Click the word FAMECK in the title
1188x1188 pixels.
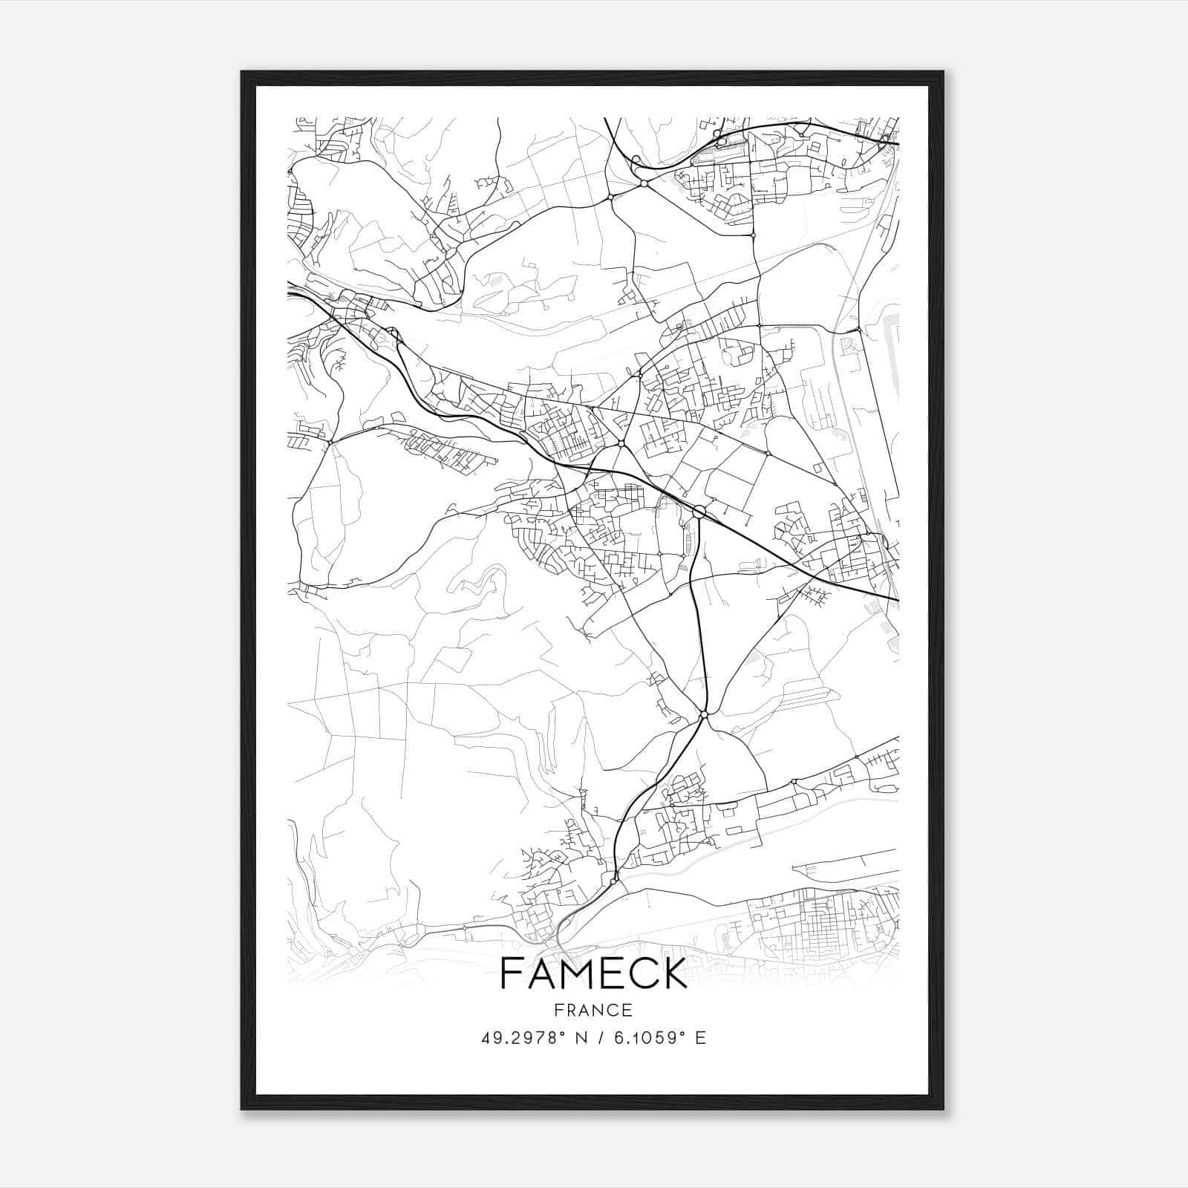pos(594,973)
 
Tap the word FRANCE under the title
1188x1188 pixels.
pos(594,1010)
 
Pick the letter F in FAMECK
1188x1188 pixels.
pos(512,973)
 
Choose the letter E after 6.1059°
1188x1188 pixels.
pos(700,1038)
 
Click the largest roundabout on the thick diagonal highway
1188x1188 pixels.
pos(699,512)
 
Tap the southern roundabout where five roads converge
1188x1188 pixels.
pos(703,714)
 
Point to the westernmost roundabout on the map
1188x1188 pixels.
pos(330,443)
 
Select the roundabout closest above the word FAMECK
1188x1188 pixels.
pos(613,881)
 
